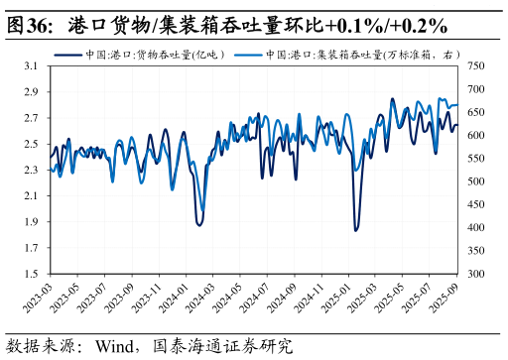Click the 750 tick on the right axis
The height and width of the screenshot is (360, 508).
[x=476, y=66]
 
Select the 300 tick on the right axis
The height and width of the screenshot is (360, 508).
[x=476, y=274]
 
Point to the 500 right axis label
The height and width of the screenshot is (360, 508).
[x=476, y=181]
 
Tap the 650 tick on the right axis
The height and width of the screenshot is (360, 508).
[x=476, y=112]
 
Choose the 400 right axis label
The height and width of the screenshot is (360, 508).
[x=476, y=228]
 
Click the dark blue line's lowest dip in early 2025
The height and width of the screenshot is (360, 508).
[x=355, y=230]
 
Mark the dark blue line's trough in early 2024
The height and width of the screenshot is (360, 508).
[x=199, y=225]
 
